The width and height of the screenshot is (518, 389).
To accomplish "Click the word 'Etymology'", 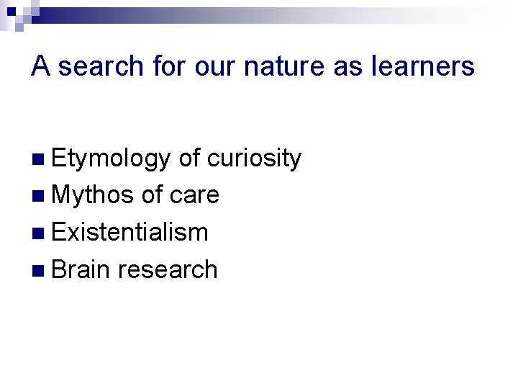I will [x=111, y=158].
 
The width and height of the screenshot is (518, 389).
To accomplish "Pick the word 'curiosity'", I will [x=254, y=158].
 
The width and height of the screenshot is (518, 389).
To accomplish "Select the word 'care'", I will [x=195, y=195].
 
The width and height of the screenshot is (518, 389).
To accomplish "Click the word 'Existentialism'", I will [x=130, y=232].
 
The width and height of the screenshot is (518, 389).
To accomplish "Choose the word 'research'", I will [x=167, y=269].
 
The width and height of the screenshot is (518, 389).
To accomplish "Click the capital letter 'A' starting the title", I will [x=41, y=67].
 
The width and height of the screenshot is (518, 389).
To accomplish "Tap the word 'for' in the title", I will [x=169, y=67].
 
